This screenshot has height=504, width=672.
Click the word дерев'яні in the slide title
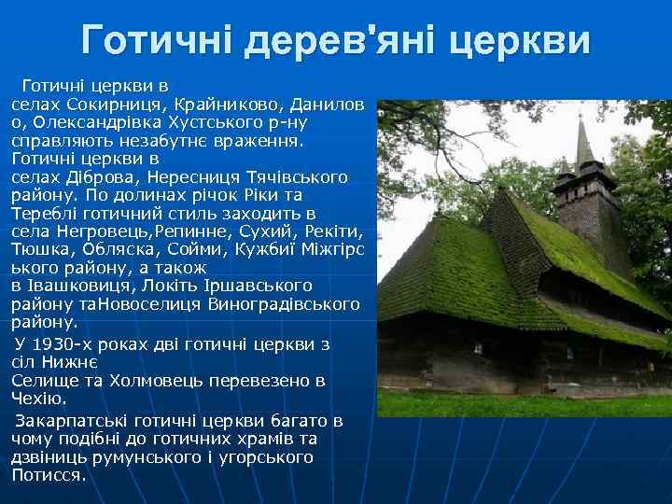coord(343,40)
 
